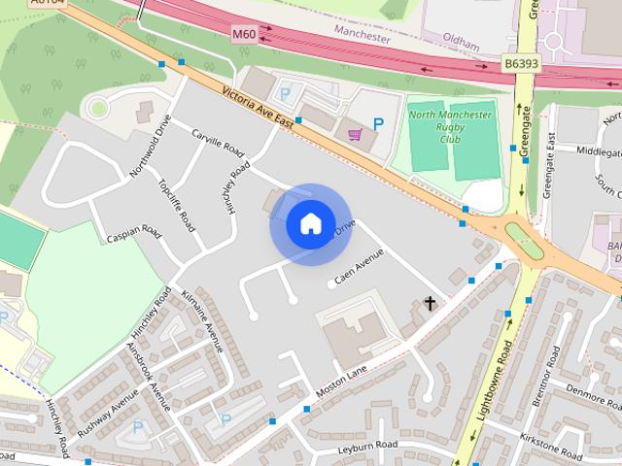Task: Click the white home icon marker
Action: pos(310,224)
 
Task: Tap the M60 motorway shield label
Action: pos(244,33)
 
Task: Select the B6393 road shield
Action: pos(522,63)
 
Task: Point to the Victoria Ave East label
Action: pos(258,107)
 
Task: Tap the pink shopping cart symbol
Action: pos(355,133)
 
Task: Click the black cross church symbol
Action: pos(430,304)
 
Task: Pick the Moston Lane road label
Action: pos(342,381)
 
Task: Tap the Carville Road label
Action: pos(217,146)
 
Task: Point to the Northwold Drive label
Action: pos(151,148)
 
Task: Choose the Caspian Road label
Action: pos(134,234)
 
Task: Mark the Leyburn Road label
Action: pos(371,445)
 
